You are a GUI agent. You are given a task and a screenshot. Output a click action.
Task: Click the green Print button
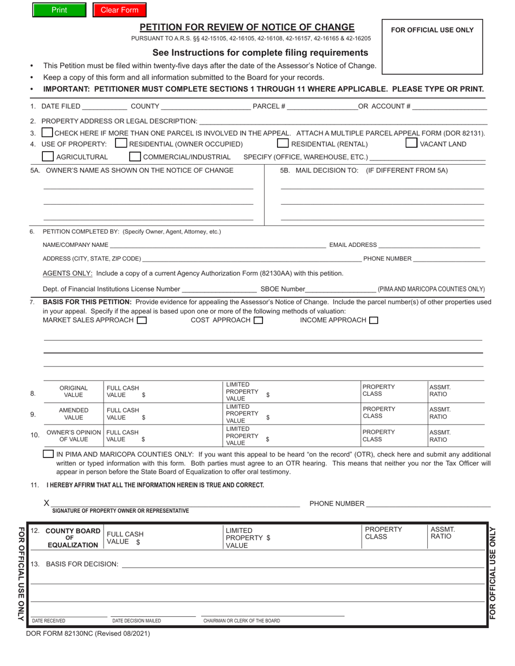(59, 10)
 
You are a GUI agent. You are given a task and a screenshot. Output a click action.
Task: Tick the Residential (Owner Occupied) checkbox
(121, 143)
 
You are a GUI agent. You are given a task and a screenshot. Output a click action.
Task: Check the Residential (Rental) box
(282, 143)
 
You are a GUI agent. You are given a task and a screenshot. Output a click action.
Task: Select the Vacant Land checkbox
(411, 143)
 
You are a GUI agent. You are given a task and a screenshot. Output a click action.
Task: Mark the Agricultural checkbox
(48, 157)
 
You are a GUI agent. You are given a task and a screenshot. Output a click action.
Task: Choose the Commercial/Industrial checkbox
(135, 157)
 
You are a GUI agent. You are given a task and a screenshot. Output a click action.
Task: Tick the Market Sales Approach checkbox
(141, 321)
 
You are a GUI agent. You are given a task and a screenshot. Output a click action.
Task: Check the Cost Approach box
(259, 321)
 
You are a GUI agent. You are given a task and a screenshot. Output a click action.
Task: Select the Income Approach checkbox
(374, 321)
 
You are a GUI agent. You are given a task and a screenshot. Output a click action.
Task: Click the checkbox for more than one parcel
(47, 133)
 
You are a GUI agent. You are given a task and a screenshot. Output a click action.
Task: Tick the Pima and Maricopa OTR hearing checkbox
(48, 454)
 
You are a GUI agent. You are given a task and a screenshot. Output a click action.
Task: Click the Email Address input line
(429, 245)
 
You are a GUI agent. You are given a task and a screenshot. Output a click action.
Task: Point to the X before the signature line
(47, 504)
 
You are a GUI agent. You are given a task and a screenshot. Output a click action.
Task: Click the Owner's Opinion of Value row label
(74, 436)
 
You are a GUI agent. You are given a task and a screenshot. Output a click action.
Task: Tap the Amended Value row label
(74, 414)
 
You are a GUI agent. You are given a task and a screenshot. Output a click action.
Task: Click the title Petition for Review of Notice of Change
(247, 27)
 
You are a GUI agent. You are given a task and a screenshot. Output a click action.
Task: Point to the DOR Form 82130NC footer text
(88, 633)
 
